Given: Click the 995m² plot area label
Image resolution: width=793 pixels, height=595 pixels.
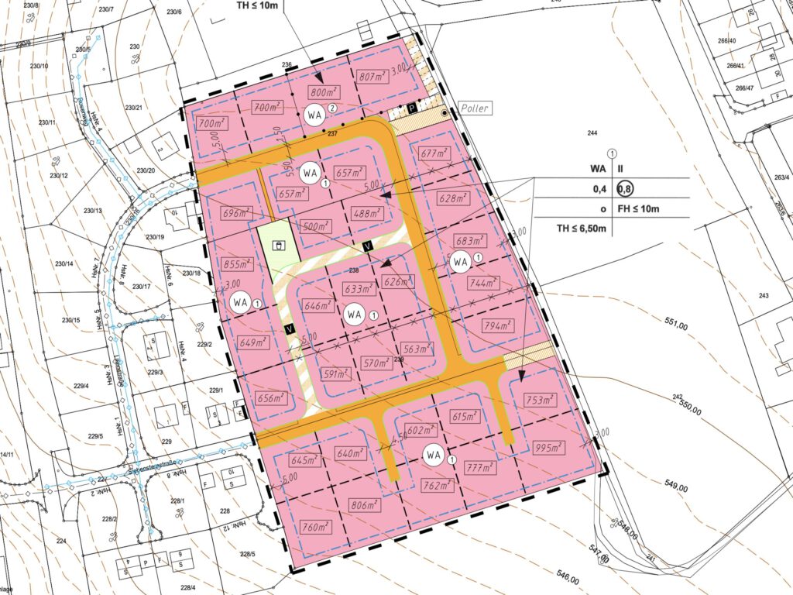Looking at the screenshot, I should [550, 448].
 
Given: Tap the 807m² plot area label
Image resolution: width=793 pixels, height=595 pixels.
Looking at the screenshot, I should [372, 76].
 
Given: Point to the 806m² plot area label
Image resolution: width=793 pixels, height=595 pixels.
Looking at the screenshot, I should [362, 505].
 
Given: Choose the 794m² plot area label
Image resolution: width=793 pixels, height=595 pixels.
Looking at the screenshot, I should [499, 325].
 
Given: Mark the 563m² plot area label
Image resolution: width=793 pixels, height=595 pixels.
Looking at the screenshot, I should [417, 349].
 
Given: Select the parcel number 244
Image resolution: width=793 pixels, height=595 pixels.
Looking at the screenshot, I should [592, 133].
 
